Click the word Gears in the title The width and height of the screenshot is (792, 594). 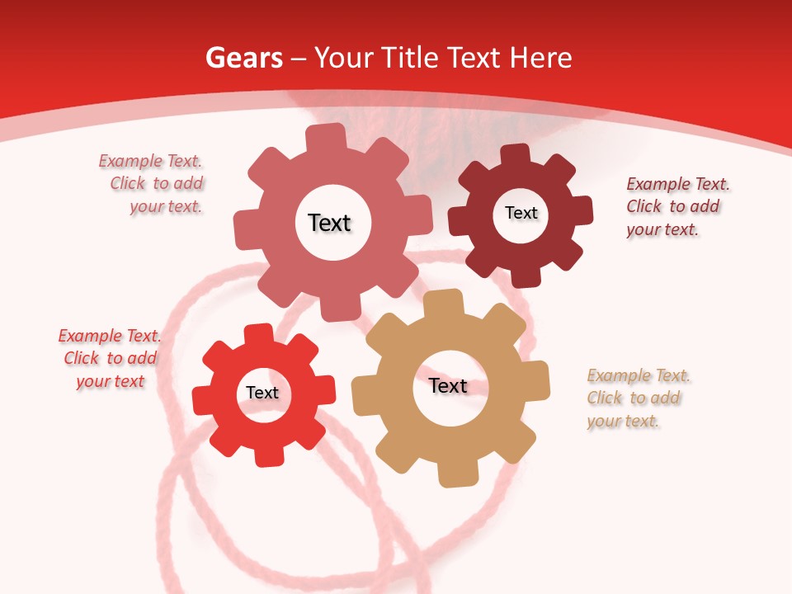click(x=244, y=58)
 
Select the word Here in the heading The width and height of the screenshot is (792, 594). click(x=540, y=58)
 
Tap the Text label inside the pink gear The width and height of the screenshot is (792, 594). click(x=329, y=223)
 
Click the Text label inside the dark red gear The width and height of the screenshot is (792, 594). click(x=521, y=213)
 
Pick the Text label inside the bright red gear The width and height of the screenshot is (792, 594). click(x=262, y=393)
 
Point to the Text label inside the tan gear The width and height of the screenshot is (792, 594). click(x=448, y=385)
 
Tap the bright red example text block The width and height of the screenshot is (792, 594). click(x=111, y=358)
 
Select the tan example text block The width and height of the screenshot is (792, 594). click(x=637, y=398)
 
